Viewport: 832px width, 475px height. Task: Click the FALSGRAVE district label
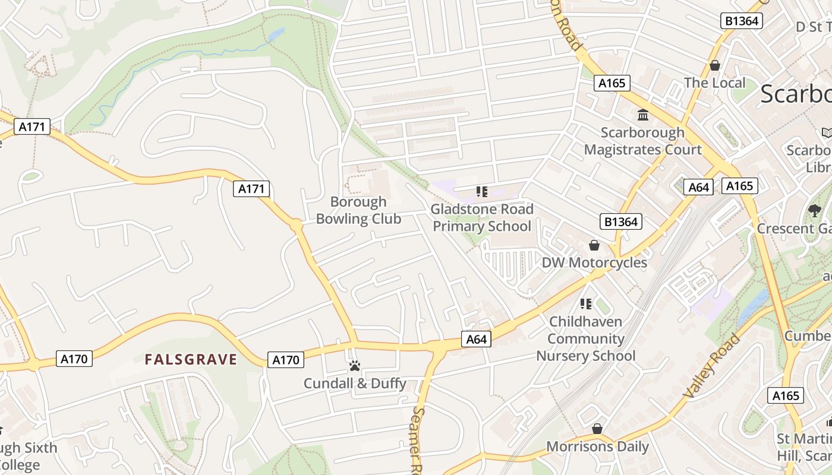click(x=191, y=359)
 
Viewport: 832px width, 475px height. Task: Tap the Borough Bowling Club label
click(x=358, y=210)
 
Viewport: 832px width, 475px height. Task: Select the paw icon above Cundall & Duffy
click(x=355, y=366)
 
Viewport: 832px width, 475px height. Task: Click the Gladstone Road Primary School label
click(x=482, y=217)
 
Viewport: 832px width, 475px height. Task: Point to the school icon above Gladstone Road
click(x=482, y=192)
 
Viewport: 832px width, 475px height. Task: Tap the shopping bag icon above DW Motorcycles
click(x=594, y=245)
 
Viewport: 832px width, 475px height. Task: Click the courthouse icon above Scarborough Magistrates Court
click(x=642, y=115)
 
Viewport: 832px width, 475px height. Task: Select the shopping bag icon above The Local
click(x=714, y=65)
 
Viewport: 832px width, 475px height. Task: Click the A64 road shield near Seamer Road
click(x=477, y=339)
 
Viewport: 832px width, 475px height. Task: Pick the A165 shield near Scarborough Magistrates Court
click(x=612, y=83)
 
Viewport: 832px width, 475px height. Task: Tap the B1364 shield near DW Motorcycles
click(x=622, y=222)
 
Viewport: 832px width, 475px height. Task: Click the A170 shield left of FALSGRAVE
click(x=75, y=359)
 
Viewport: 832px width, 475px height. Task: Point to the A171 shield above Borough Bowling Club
click(x=251, y=189)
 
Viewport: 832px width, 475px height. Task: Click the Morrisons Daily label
click(x=597, y=446)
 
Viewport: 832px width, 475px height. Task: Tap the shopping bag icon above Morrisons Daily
click(x=597, y=429)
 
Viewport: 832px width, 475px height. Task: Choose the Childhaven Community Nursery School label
click(x=585, y=338)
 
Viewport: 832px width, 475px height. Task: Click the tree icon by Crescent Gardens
click(x=814, y=210)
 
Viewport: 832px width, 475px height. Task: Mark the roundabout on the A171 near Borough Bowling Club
click(x=296, y=226)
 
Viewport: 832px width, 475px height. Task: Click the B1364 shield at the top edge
click(x=742, y=21)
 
